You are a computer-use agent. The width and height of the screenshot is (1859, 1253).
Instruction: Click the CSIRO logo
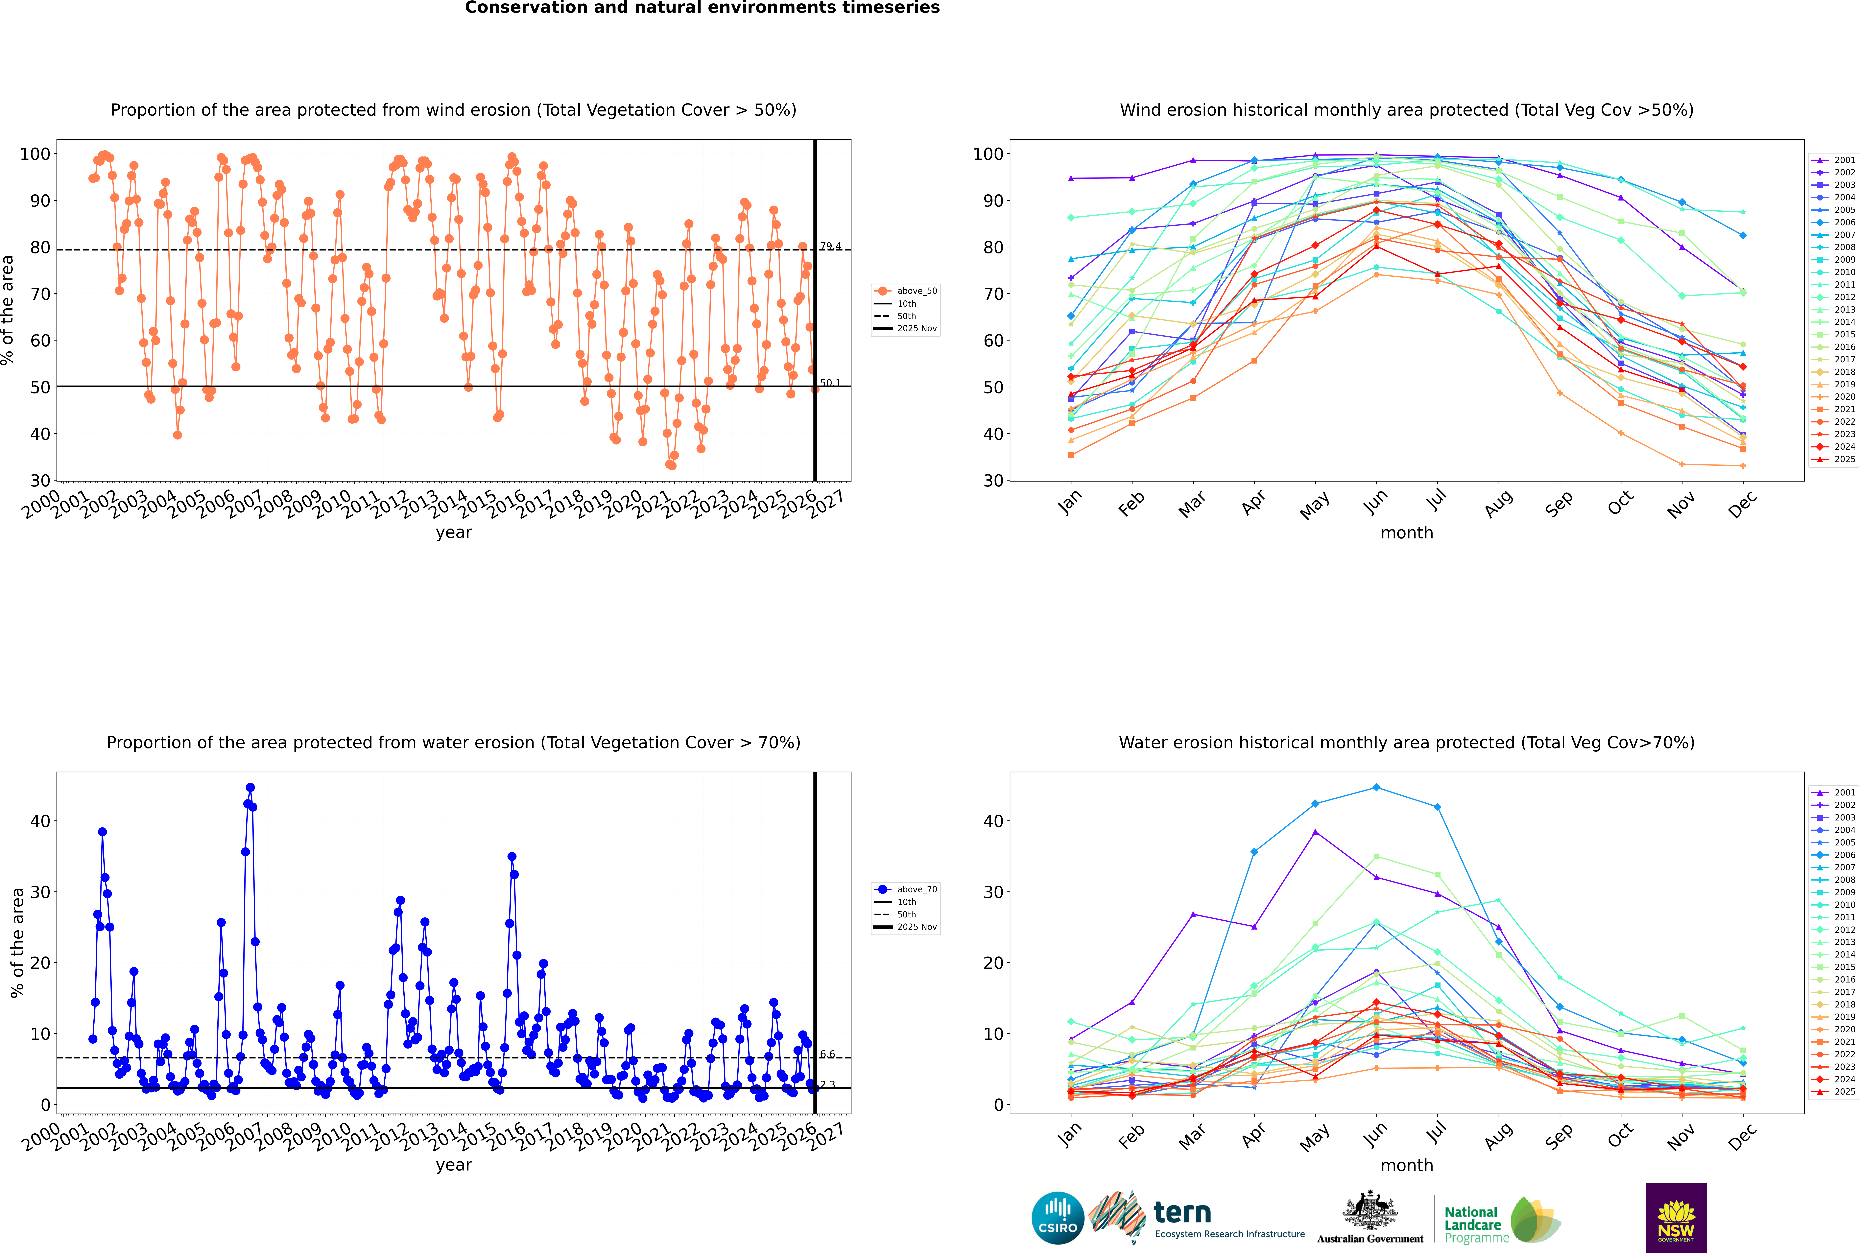(x=1057, y=1218)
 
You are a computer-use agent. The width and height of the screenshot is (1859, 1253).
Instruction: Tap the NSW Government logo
(x=1676, y=1218)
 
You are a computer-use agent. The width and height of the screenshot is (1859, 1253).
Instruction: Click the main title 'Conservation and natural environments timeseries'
(x=702, y=8)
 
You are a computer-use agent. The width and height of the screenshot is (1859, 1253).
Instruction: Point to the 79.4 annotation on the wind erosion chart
(x=830, y=246)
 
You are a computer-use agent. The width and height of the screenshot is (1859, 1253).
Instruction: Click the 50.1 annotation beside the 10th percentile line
(x=830, y=383)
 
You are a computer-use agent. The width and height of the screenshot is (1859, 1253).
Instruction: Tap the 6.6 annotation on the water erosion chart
(x=827, y=1054)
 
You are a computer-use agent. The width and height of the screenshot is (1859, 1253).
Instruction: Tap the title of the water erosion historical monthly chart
(x=1407, y=742)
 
